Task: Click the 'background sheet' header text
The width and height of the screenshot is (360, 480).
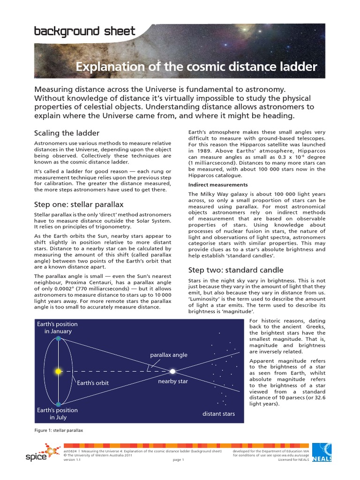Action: pyautogui.click(x=84, y=32)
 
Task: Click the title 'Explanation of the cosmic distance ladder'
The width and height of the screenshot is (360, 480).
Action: pyautogui.click(x=196, y=67)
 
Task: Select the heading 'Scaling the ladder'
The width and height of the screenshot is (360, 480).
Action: pyautogui.click(x=67, y=133)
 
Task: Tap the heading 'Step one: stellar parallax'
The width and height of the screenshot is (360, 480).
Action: pyautogui.click(x=79, y=204)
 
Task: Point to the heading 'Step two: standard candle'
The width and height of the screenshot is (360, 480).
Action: pyautogui.click(x=235, y=270)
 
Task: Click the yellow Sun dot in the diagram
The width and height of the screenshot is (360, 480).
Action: pyautogui.click(x=58, y=371)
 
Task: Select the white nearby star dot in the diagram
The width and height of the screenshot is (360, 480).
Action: pyautogui.click(x=172, y=371)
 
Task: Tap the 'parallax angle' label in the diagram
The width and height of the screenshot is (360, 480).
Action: pyautogui.click(x=168, y=355)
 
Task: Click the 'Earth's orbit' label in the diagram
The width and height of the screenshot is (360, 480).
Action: pyautogui.click(x=93, y=383)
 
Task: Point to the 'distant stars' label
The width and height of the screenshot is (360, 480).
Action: pyautogui.click(x=218, y=414)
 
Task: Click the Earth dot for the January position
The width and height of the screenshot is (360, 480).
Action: pyautogui.click(x=58, y=338)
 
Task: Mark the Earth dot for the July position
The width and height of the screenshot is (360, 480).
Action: pyautogui.click(x=58, y=404)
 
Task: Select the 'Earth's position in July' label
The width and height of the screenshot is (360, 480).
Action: pyautogui.click(x=57, y=414)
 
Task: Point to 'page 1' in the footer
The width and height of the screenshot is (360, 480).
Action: pyautogui.click(x=179, y=460)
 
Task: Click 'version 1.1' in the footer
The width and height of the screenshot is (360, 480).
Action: pyautogui.click(x=72, y=460)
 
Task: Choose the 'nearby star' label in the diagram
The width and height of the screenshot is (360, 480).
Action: pyautogui.click(x=173, y=381)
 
